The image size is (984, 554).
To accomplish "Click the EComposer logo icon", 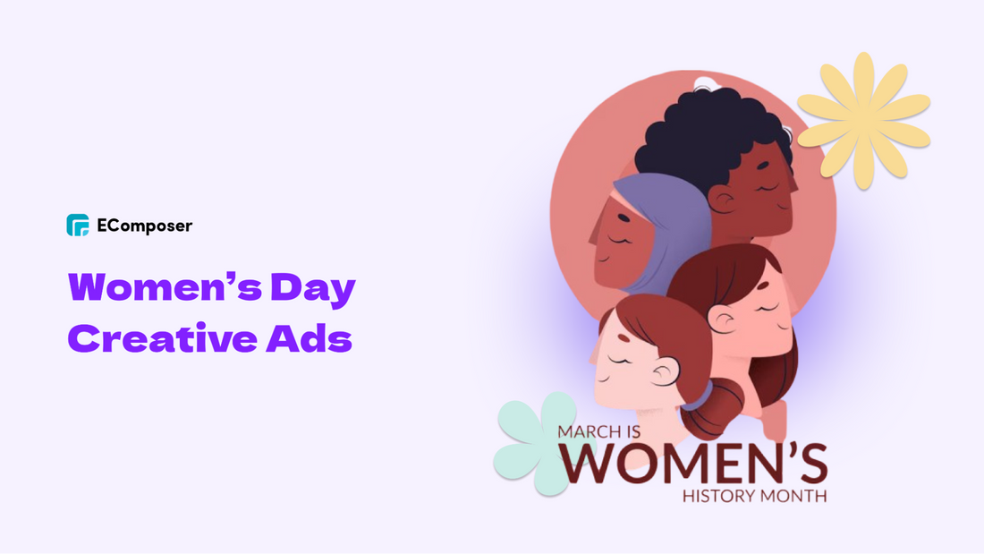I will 78,225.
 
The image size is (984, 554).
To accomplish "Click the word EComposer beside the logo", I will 144,226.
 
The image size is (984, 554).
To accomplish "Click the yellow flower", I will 863,120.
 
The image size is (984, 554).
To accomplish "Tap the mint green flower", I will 534,441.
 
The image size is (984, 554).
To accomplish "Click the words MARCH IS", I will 596,431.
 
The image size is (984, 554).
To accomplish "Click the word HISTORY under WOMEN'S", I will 716,495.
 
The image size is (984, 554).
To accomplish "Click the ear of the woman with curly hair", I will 721,199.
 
